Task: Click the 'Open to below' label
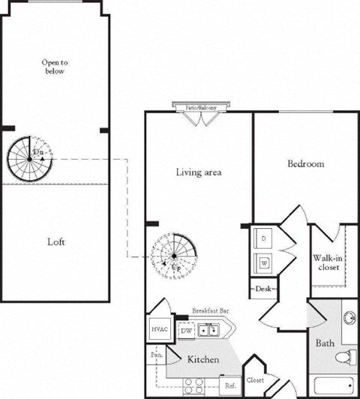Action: pos(53,67)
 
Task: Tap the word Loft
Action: pos(56,242)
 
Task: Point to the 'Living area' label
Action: pos(198,172)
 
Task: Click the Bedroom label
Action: pos(305,163)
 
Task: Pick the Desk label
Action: pos(264,288)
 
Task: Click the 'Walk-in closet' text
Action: pos(328,261)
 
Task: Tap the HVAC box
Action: pos(159,329)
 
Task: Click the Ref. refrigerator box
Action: pos(230,385)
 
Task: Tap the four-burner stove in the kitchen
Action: pos(193,385)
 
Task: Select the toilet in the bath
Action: pos(346,356)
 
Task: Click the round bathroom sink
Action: pos(349,318)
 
